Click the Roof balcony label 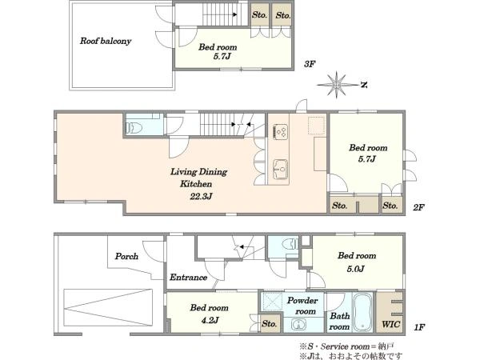106,41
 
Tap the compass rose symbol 337,85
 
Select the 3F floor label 310,64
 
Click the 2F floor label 418,207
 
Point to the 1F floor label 419,327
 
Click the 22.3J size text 201,196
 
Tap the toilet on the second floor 134,127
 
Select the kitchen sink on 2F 281,170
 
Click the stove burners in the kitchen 281,132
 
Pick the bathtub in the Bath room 362,312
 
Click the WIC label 390,324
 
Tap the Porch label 126,256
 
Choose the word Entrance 188,278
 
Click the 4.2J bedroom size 209,320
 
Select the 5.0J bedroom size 355,269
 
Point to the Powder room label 302,306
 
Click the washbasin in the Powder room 298,324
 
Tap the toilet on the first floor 290,244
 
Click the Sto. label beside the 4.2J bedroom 270,323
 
